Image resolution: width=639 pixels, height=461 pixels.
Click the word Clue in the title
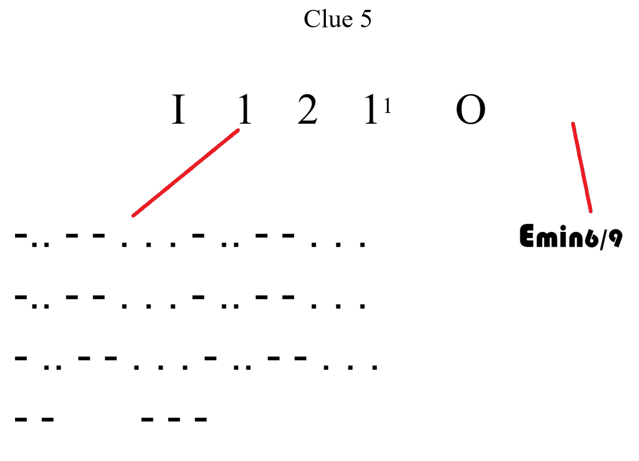click(x=328, y=19)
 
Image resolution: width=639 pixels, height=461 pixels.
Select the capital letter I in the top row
click(x=178, y=109)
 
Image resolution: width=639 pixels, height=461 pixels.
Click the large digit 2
click(x=308, y=109)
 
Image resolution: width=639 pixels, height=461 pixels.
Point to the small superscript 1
click(x=388, y=106)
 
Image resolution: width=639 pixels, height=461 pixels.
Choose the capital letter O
click(x=471, y=109)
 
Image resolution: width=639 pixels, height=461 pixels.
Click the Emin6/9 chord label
click(x=571, y=237)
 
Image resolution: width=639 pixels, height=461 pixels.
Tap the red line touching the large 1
click(x=186, y=173)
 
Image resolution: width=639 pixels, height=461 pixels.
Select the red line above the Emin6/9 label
click(x=582, y=167)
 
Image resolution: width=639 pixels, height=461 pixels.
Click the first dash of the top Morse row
click(x=21, y=236)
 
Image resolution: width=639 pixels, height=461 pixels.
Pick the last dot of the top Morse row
click(x=363, y=245)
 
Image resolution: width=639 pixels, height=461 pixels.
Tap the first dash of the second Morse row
click(x=21, y=297)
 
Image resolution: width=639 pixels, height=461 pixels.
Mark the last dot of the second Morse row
click(x=363, y=306)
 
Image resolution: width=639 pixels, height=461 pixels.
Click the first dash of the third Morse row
click(x=21, y=358)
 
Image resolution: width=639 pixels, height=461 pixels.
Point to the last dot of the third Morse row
click(x=374, y=368)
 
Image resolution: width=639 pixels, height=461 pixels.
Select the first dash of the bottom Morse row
click(x=21, y=419)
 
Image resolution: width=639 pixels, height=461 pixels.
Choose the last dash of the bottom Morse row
click(x=201, y=419)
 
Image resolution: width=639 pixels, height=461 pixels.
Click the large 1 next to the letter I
click(x=245, y=109)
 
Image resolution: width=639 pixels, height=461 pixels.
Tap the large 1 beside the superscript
click(x=371, y=109)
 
